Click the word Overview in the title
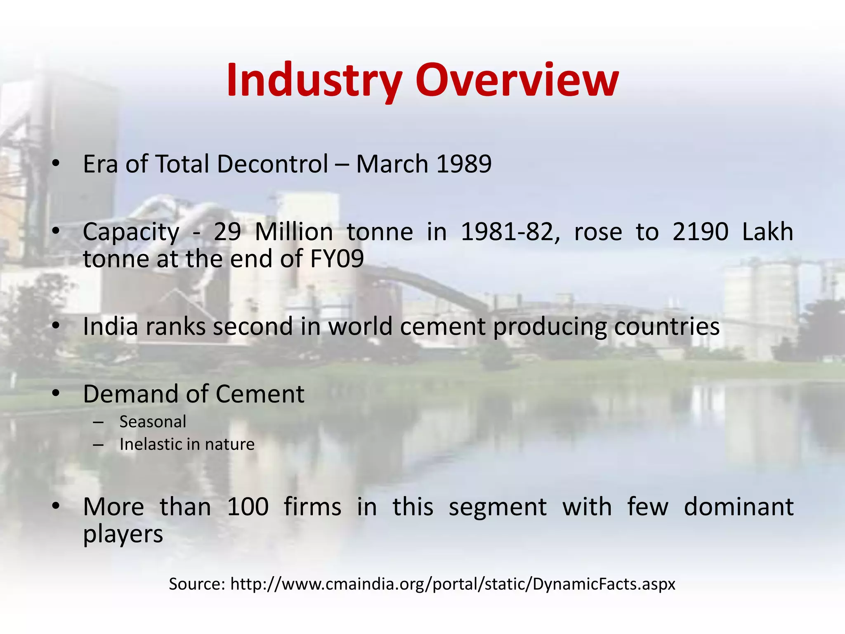(517, 80)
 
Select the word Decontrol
(272, 164)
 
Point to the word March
(392, 164)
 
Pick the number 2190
(700, 232)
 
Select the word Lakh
(767, 232)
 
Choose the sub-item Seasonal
(153, 422)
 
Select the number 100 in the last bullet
(248, 507)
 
